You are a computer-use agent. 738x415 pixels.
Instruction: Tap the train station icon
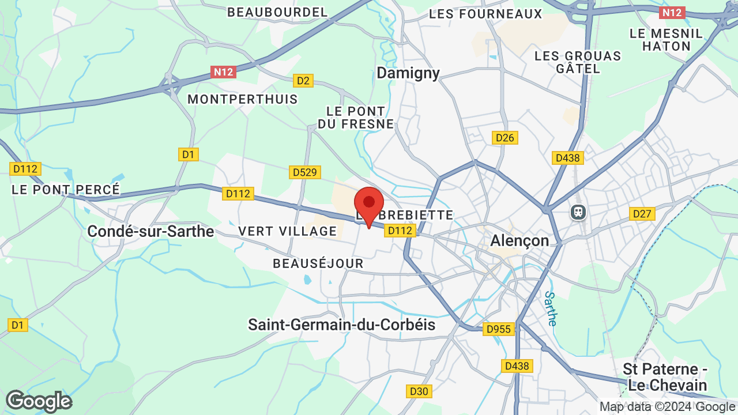point(578,212)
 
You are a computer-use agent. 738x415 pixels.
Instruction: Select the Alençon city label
point(519,240)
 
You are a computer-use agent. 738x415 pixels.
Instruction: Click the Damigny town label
point(408,73)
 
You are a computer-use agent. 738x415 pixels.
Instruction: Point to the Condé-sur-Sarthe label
point(150,231)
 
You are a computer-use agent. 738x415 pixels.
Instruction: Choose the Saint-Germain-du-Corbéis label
point(341,325)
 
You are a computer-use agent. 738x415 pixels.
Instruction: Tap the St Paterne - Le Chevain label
point(665,377)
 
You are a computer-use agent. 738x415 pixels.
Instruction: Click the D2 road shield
point(303,81)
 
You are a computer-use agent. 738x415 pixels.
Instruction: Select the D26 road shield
point(505,138)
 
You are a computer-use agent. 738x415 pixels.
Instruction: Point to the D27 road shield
point(642,214)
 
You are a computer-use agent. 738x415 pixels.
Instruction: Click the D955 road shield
point(498,329)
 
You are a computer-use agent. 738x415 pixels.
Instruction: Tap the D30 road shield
point(419,391)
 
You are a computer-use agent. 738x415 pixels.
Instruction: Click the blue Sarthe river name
point(550,308)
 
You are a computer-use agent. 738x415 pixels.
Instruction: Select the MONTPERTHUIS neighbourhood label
point(243,99)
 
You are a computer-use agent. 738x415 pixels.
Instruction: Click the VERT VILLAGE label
point(287,231)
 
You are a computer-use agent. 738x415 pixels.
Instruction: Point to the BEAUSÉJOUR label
point(318,263)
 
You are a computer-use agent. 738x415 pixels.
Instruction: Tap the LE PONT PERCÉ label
point(66,189)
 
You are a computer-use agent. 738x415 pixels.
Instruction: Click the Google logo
point(39,401)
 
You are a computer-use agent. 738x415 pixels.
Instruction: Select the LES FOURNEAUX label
point(485,14)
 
